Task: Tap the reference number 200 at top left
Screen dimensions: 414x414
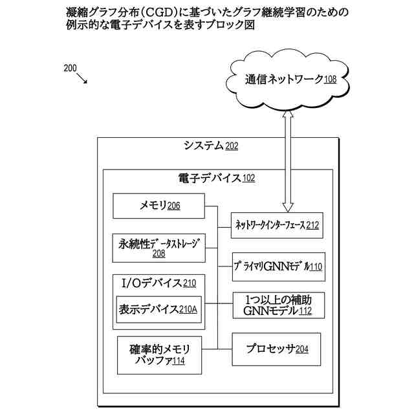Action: (71, 67)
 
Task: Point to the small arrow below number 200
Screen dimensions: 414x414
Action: (82, 79)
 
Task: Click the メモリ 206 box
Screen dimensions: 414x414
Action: (159, 206)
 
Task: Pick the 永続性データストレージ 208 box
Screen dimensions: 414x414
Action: (158, 248)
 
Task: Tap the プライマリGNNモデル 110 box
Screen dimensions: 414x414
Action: (279, 266)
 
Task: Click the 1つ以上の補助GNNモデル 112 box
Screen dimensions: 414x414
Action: (278, 306)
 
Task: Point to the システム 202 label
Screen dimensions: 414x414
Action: (210, 146)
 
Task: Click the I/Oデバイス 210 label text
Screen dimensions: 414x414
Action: (158, 283)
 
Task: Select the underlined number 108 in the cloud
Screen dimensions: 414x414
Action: (330, 80)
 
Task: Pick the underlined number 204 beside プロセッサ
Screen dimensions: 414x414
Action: (301, 350)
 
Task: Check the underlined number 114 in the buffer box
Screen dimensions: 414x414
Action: (178, 361)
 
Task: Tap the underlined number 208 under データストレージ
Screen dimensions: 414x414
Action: (158, 254)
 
